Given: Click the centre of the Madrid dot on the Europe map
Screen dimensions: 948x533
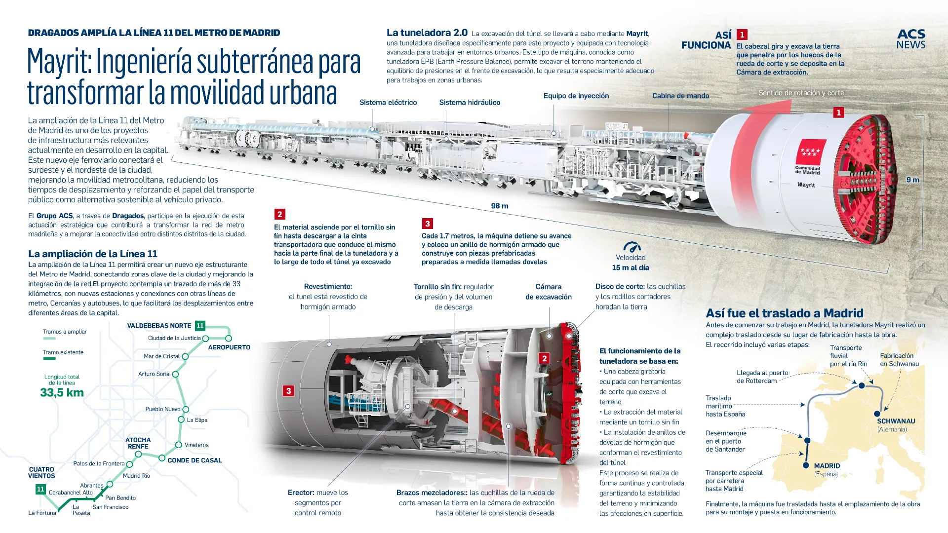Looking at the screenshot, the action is coord(806,465).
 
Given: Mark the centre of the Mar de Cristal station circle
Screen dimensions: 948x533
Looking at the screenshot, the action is coord(185,356).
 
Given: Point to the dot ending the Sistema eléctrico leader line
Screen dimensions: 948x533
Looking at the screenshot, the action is coord(372,129).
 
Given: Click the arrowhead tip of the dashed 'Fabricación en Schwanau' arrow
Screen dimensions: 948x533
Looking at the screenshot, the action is coord(885,411).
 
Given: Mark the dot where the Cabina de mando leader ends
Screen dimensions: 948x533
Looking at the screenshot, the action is coord(669,151).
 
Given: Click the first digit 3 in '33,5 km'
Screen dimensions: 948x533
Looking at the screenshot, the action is coord(44,393).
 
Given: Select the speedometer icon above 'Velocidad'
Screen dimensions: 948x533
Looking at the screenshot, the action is coord(632,247).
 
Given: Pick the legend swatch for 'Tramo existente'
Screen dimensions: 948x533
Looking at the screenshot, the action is coord(49,359).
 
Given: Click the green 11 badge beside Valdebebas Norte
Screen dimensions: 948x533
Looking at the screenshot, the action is coord(200,326).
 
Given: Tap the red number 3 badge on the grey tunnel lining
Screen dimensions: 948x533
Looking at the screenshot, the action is coord(289,391).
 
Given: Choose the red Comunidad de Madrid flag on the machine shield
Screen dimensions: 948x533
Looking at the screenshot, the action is coord(808,152).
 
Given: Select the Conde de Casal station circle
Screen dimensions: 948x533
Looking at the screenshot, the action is coord(161,458).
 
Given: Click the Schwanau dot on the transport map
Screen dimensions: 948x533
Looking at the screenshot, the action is coord(877,414).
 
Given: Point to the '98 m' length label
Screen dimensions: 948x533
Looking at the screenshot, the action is coord(500,206).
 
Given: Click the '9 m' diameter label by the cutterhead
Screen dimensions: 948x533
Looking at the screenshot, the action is coord(913,180).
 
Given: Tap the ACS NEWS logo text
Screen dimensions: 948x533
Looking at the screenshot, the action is coord(911,39).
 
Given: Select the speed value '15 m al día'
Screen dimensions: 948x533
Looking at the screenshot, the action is coord(631,267).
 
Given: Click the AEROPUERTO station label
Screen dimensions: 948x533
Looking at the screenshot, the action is coord(229,347).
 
